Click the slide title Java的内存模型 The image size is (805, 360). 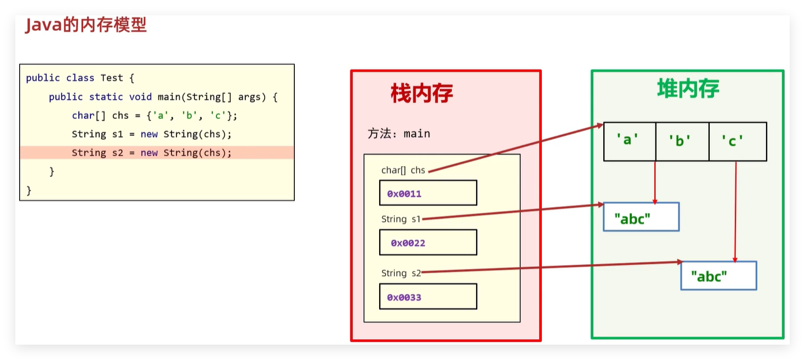coord(86,25)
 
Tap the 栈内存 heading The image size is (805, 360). coord(421,94)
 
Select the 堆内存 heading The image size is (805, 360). coord(688,89)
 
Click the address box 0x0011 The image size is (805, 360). coord(428,193)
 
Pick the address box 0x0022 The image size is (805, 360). coord(428,242)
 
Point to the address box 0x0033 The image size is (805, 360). coord(428,296)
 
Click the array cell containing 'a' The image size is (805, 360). coord(629,141)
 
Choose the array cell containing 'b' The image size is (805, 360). coord(682,141)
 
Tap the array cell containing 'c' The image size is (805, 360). coord(737,141)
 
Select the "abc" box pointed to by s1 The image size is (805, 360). coord(641,217)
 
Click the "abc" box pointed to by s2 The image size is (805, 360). coord(718,276)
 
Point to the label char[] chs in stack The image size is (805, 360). coord(403,170)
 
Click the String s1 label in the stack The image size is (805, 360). coord(401,219)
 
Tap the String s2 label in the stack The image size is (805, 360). coord(401,273)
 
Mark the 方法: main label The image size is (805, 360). coord(398,134)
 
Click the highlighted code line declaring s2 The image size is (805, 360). coord(152,153)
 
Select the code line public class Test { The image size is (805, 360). coord(80,78)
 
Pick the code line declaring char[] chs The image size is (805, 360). coord(155,116)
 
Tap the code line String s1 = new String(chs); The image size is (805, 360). coord(152,134)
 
